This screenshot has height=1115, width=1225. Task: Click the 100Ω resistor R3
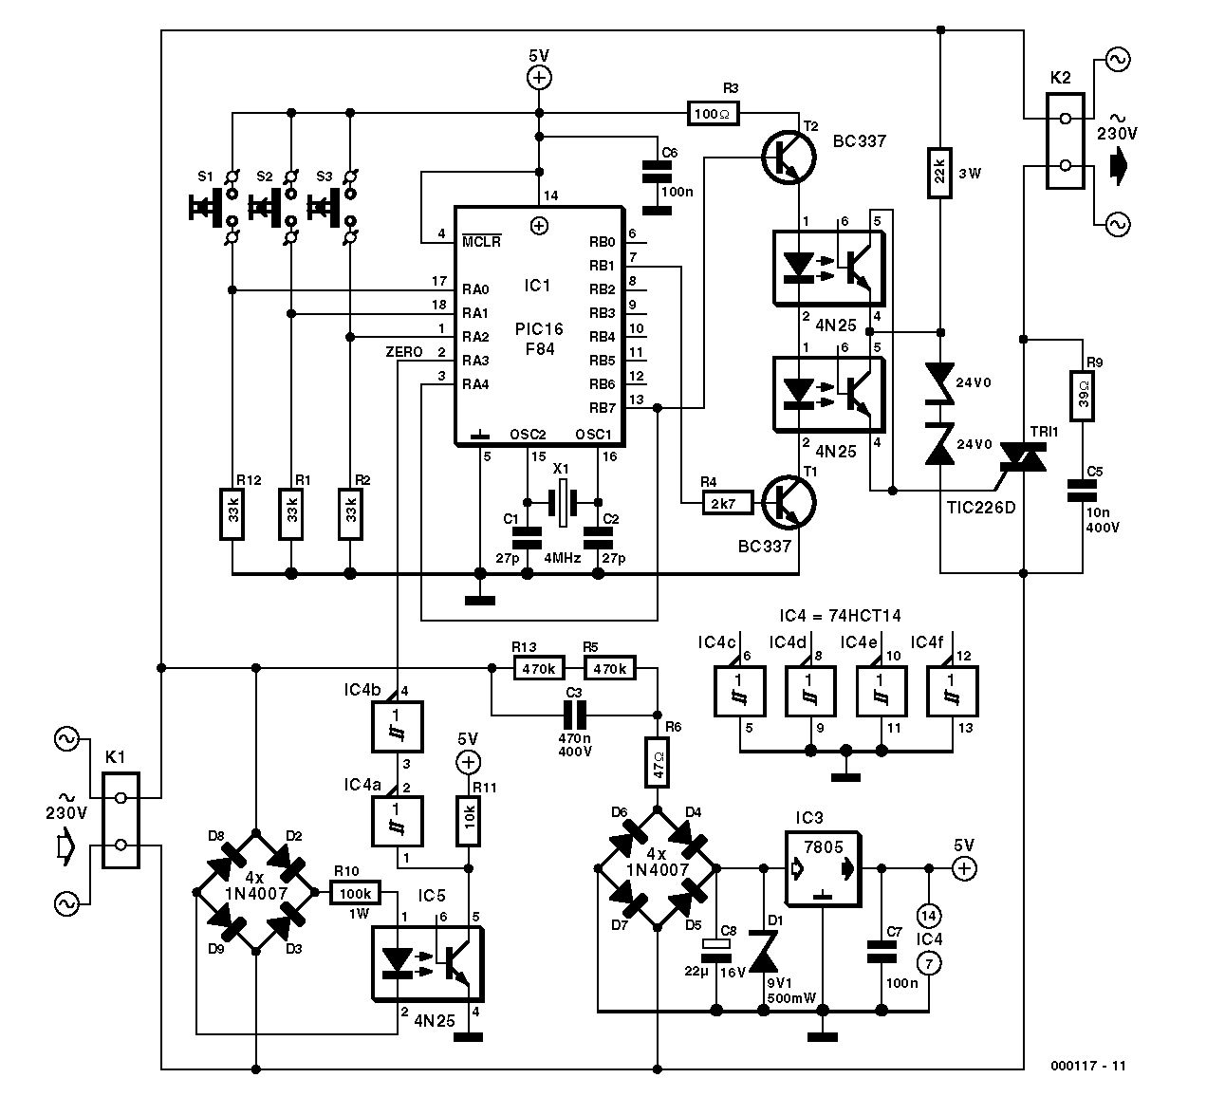[713, 114]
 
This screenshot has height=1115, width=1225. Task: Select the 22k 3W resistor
[939, 173]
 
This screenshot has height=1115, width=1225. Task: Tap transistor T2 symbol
[789, 158]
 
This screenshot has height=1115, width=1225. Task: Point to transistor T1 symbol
[789, 502]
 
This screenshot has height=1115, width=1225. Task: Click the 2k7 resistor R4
[727, 503]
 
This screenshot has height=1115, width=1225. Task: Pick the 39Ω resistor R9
[1082, 396]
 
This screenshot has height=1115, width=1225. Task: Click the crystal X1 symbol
[562, 502]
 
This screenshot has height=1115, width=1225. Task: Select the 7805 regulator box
[824, 868]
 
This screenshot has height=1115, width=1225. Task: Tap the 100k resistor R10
[355, 893]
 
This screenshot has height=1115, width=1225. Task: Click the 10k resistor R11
[469, 821]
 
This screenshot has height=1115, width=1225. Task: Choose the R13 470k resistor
[539, 668]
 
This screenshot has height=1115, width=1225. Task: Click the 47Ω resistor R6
[657, 763]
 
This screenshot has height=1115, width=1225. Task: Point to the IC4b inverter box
[398, 727]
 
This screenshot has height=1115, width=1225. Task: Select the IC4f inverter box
[952, 691]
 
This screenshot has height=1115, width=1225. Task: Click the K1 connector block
[121, 821]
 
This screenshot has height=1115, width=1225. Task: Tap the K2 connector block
[1066, 141]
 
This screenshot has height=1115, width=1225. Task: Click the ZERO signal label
[404, 352]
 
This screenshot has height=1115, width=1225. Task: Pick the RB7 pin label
[603, 407]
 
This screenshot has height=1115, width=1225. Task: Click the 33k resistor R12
[232, 513]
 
